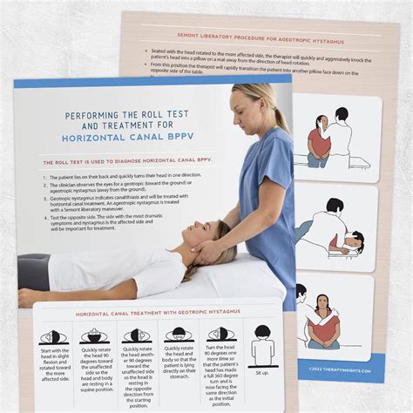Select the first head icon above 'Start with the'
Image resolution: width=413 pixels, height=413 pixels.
pos(54,336)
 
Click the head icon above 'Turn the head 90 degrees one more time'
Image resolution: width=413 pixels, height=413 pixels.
pos(220,335)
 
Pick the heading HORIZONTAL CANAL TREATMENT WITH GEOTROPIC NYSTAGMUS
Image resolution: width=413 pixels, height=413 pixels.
pos(151,312)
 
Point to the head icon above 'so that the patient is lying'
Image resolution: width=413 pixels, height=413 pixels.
pos(178,335)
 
